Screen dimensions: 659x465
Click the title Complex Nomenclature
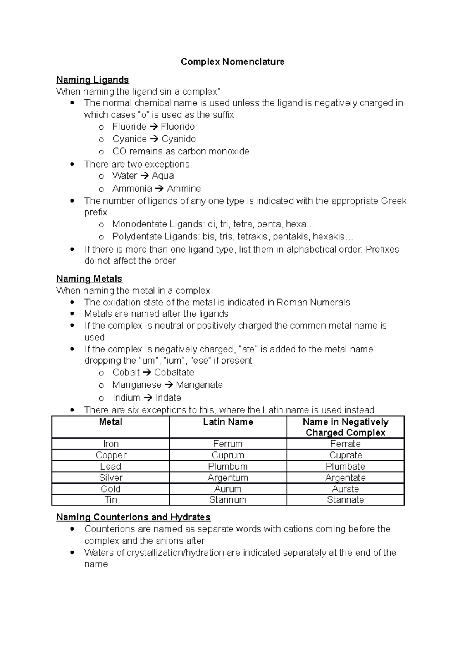[232, 62]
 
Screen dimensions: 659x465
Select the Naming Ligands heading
[92, 80]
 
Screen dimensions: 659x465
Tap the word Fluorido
[177, 127]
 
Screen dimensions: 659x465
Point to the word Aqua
[162, 176]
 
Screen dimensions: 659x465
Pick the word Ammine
[184, 189]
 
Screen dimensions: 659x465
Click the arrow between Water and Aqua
[144, 176]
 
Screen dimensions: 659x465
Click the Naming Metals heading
[89, 279]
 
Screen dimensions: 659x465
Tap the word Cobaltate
[174, 373]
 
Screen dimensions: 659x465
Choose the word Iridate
[168, 398]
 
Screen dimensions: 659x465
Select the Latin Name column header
[228, 422]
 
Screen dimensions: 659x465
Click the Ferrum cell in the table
[228, 444]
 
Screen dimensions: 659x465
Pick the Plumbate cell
[345, 467]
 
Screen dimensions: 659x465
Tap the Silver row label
[110, 478]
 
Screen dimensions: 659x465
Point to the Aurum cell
[228, 489]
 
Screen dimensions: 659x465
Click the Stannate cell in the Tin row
[345, 500]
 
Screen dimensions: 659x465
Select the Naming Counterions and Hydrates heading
[133, 517]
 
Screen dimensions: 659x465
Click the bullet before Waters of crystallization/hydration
[72, 553]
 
